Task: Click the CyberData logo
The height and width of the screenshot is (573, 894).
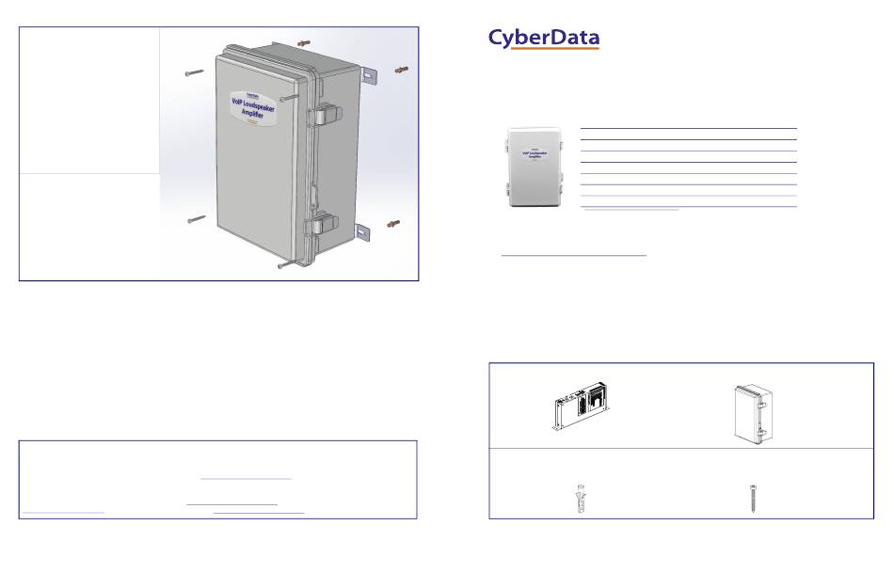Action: pos(543,38)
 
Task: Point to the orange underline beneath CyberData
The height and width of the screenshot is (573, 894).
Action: pos(543,49)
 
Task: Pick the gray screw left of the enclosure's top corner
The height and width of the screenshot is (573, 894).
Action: pos(195,72)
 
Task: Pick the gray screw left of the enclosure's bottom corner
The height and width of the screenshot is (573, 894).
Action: pos(196,219)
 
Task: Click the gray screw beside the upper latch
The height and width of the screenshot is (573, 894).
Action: pos(290,96)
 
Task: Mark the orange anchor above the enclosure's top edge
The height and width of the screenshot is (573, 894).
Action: pos(303,42)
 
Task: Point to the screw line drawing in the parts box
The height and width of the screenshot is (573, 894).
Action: pos(753,497)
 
